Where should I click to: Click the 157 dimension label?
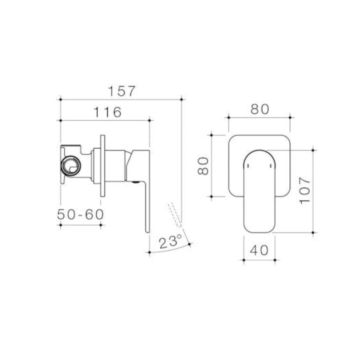click(121, 91)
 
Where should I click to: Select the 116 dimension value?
click(108, 112)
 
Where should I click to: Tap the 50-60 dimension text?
click(81, 214)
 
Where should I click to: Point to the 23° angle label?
click(170, 243)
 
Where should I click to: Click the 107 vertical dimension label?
click(305, 190)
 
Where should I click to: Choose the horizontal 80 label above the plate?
click(260, 109)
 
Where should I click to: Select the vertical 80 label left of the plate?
click(204, 166)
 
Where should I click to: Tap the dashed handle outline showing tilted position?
click(175, 213)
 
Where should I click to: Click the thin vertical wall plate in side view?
click(102, 166)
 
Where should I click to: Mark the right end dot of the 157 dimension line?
click(181, 99)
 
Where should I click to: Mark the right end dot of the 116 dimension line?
click(150, 121)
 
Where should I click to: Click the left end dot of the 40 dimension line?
click(243, 260)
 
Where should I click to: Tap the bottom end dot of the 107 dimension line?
click(313, 233)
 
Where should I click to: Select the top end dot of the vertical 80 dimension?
click(211, 134)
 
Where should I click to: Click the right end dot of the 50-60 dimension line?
click(101, 225)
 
